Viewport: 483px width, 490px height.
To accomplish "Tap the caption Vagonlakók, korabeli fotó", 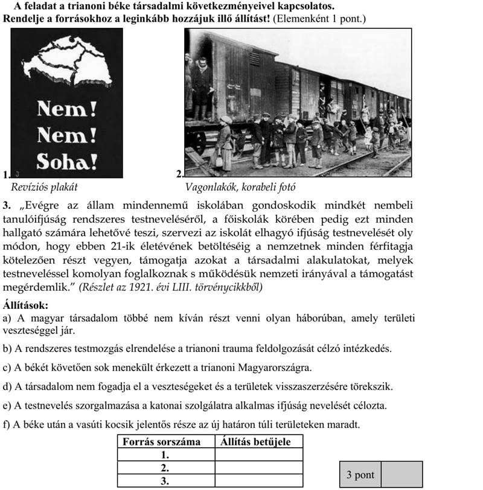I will tap(240, 186).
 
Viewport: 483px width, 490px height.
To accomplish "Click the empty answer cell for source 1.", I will tap(258, 455).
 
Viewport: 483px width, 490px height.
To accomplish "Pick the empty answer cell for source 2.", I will tap(258, 468).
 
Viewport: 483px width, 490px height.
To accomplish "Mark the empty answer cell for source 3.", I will tap(258, 481).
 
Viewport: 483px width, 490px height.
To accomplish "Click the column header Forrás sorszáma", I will tap(162, 442).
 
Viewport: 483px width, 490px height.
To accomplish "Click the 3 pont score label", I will tap(360, 475).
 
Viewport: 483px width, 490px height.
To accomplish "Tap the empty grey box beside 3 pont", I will tap(401, 475).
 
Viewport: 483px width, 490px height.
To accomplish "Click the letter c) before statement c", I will tap(7, 367).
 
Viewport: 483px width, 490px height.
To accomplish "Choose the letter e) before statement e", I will tap(7, 405).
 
